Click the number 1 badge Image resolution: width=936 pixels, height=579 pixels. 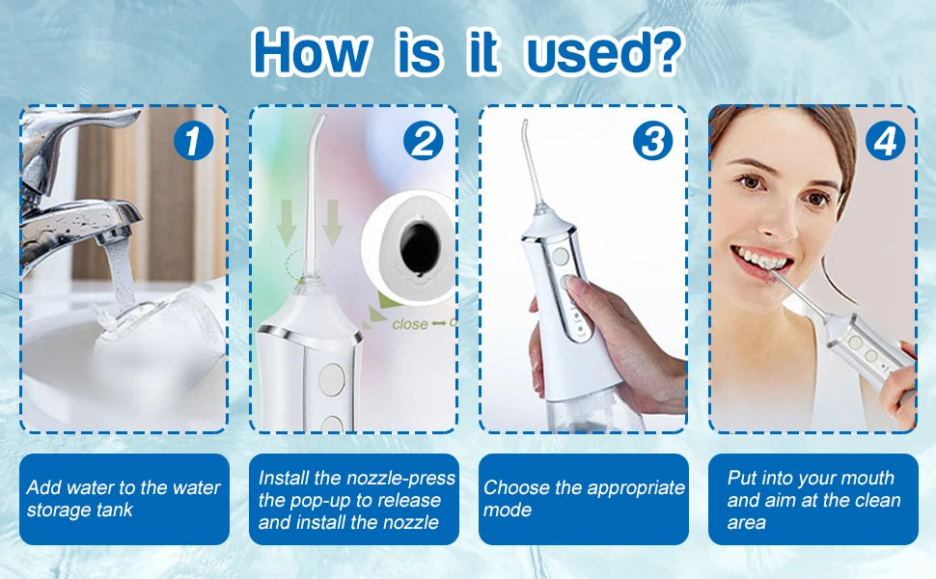click(193, 142)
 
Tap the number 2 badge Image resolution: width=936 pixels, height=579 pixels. click(423, 142)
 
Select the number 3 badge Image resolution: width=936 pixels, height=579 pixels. click(652, 142)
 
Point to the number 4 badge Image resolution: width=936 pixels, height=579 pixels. click(885, 142)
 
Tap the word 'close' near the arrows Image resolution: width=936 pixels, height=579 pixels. click(410, 324)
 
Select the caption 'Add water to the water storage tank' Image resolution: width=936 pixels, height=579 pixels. click(124, 498)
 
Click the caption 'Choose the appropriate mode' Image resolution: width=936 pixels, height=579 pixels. click(584, 498)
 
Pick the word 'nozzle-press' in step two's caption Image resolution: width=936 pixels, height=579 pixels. click(400, 478)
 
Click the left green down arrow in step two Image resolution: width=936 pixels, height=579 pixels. click(287, 223)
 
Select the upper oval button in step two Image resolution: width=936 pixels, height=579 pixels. click(332, 380)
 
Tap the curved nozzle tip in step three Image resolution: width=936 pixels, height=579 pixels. click(525, 126)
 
